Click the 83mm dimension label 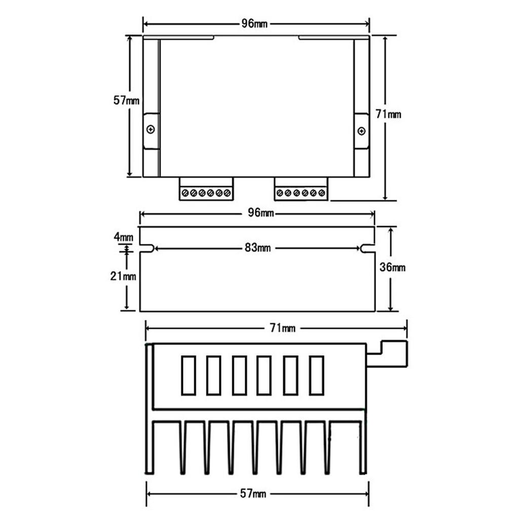[257, 248]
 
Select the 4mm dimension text [123, 237]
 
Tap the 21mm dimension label [123, 276]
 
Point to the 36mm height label [392, 268]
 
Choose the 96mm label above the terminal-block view [255, 24]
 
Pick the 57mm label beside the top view [126, 100]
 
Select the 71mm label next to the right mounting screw [388, 115]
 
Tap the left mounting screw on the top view [151, 130]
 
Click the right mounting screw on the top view [361, 131]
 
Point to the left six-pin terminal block [206, 189]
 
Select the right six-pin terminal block [301, 189]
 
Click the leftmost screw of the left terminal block [185, 193]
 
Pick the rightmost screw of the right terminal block [322, 193]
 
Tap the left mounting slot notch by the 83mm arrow [147, 248]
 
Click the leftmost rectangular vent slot [189, 376]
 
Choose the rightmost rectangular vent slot [316, 376]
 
